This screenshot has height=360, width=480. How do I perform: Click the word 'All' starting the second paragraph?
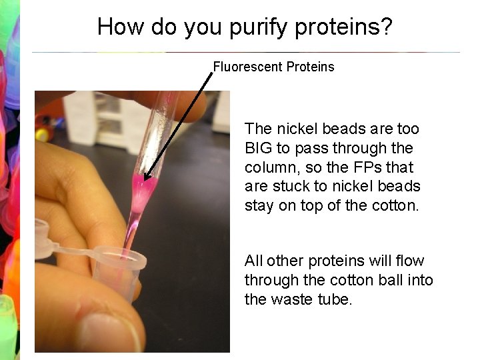[x=254, y=261]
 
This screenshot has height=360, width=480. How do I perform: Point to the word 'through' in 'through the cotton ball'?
[x=267, y=280]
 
